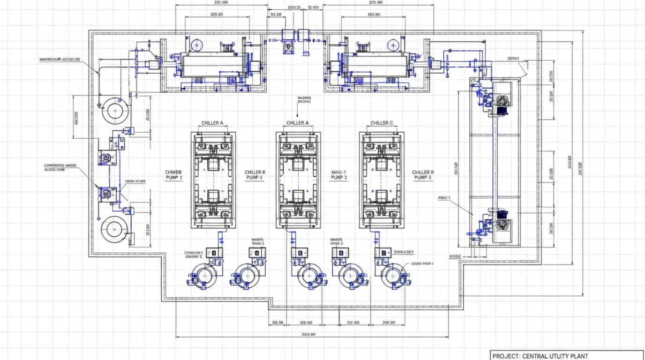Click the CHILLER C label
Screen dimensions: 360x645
pos(382,123)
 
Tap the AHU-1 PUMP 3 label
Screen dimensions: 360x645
pos(338,175)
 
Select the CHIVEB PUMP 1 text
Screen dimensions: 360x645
pos(174,175)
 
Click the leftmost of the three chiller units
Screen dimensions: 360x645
pos(213,180)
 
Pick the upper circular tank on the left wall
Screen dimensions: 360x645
pos(114,111)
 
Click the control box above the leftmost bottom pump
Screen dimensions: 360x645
pos(214,253)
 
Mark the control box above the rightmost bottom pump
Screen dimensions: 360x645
pos(383,253)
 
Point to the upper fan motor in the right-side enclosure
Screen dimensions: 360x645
pos(502,100)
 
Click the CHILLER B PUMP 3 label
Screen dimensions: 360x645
pos(423,175)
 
